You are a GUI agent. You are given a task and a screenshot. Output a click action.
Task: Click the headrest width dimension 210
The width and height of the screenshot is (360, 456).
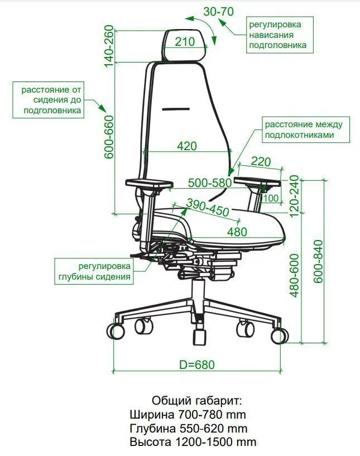[x=185, y=42]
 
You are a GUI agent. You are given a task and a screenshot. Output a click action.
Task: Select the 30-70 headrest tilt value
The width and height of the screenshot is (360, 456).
[x=218, y=12]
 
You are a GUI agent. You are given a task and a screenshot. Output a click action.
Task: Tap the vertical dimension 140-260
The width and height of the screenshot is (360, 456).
[x=109, y=46]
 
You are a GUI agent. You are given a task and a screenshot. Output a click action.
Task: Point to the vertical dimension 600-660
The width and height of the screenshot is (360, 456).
[x=109, y=137]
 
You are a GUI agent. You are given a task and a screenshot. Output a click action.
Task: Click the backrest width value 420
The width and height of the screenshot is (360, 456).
[x=187, y=146]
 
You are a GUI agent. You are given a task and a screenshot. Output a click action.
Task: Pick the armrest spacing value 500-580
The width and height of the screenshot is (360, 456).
[x=210, y=183]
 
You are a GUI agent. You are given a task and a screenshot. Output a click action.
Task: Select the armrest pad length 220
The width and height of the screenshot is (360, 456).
[x=261, y=161]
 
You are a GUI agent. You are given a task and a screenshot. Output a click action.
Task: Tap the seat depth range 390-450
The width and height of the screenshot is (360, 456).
[x=208, y=208]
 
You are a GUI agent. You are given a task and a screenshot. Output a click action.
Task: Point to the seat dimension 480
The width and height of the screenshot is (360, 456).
[x=237, y=232]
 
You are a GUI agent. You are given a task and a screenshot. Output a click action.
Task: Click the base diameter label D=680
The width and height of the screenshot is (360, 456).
[x=197, y=364]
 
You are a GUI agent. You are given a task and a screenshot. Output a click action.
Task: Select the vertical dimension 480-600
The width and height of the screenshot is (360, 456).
[x=295, y=275]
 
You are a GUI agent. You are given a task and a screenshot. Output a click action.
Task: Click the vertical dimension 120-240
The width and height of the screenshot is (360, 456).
[x=294, y=196]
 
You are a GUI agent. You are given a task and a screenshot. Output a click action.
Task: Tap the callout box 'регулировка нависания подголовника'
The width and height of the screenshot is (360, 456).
[x=280, y=35]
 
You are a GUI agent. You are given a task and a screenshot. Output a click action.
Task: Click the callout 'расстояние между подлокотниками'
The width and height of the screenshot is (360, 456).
[x=306, y=129]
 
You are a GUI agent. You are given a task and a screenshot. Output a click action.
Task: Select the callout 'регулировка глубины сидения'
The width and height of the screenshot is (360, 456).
[x=94, y=271]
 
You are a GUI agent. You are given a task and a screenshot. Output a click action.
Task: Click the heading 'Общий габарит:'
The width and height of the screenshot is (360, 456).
[x=196, y=401]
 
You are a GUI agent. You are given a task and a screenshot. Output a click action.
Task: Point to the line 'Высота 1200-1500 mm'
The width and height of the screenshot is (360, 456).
[x=193, y=442]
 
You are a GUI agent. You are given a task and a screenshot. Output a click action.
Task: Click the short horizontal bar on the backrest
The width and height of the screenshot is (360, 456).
[x=176, y=109]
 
